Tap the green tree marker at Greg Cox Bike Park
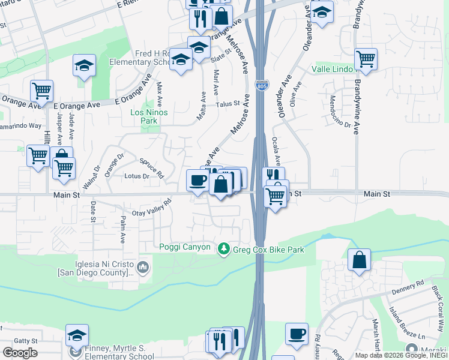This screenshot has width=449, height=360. (224, 248)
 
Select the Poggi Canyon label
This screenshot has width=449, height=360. (185, 247)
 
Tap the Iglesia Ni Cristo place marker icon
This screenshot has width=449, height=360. (143, 266)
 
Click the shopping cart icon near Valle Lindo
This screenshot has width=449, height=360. (366, 59)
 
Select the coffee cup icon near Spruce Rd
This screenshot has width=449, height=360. (197, 180)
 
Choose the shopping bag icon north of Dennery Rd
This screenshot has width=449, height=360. (359, 260)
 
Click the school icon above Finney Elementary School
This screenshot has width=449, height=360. (77, 335)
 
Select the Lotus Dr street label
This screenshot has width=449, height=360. (136, 176)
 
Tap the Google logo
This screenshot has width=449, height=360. (20, 353)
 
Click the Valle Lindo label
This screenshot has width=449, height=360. (334, 70)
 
